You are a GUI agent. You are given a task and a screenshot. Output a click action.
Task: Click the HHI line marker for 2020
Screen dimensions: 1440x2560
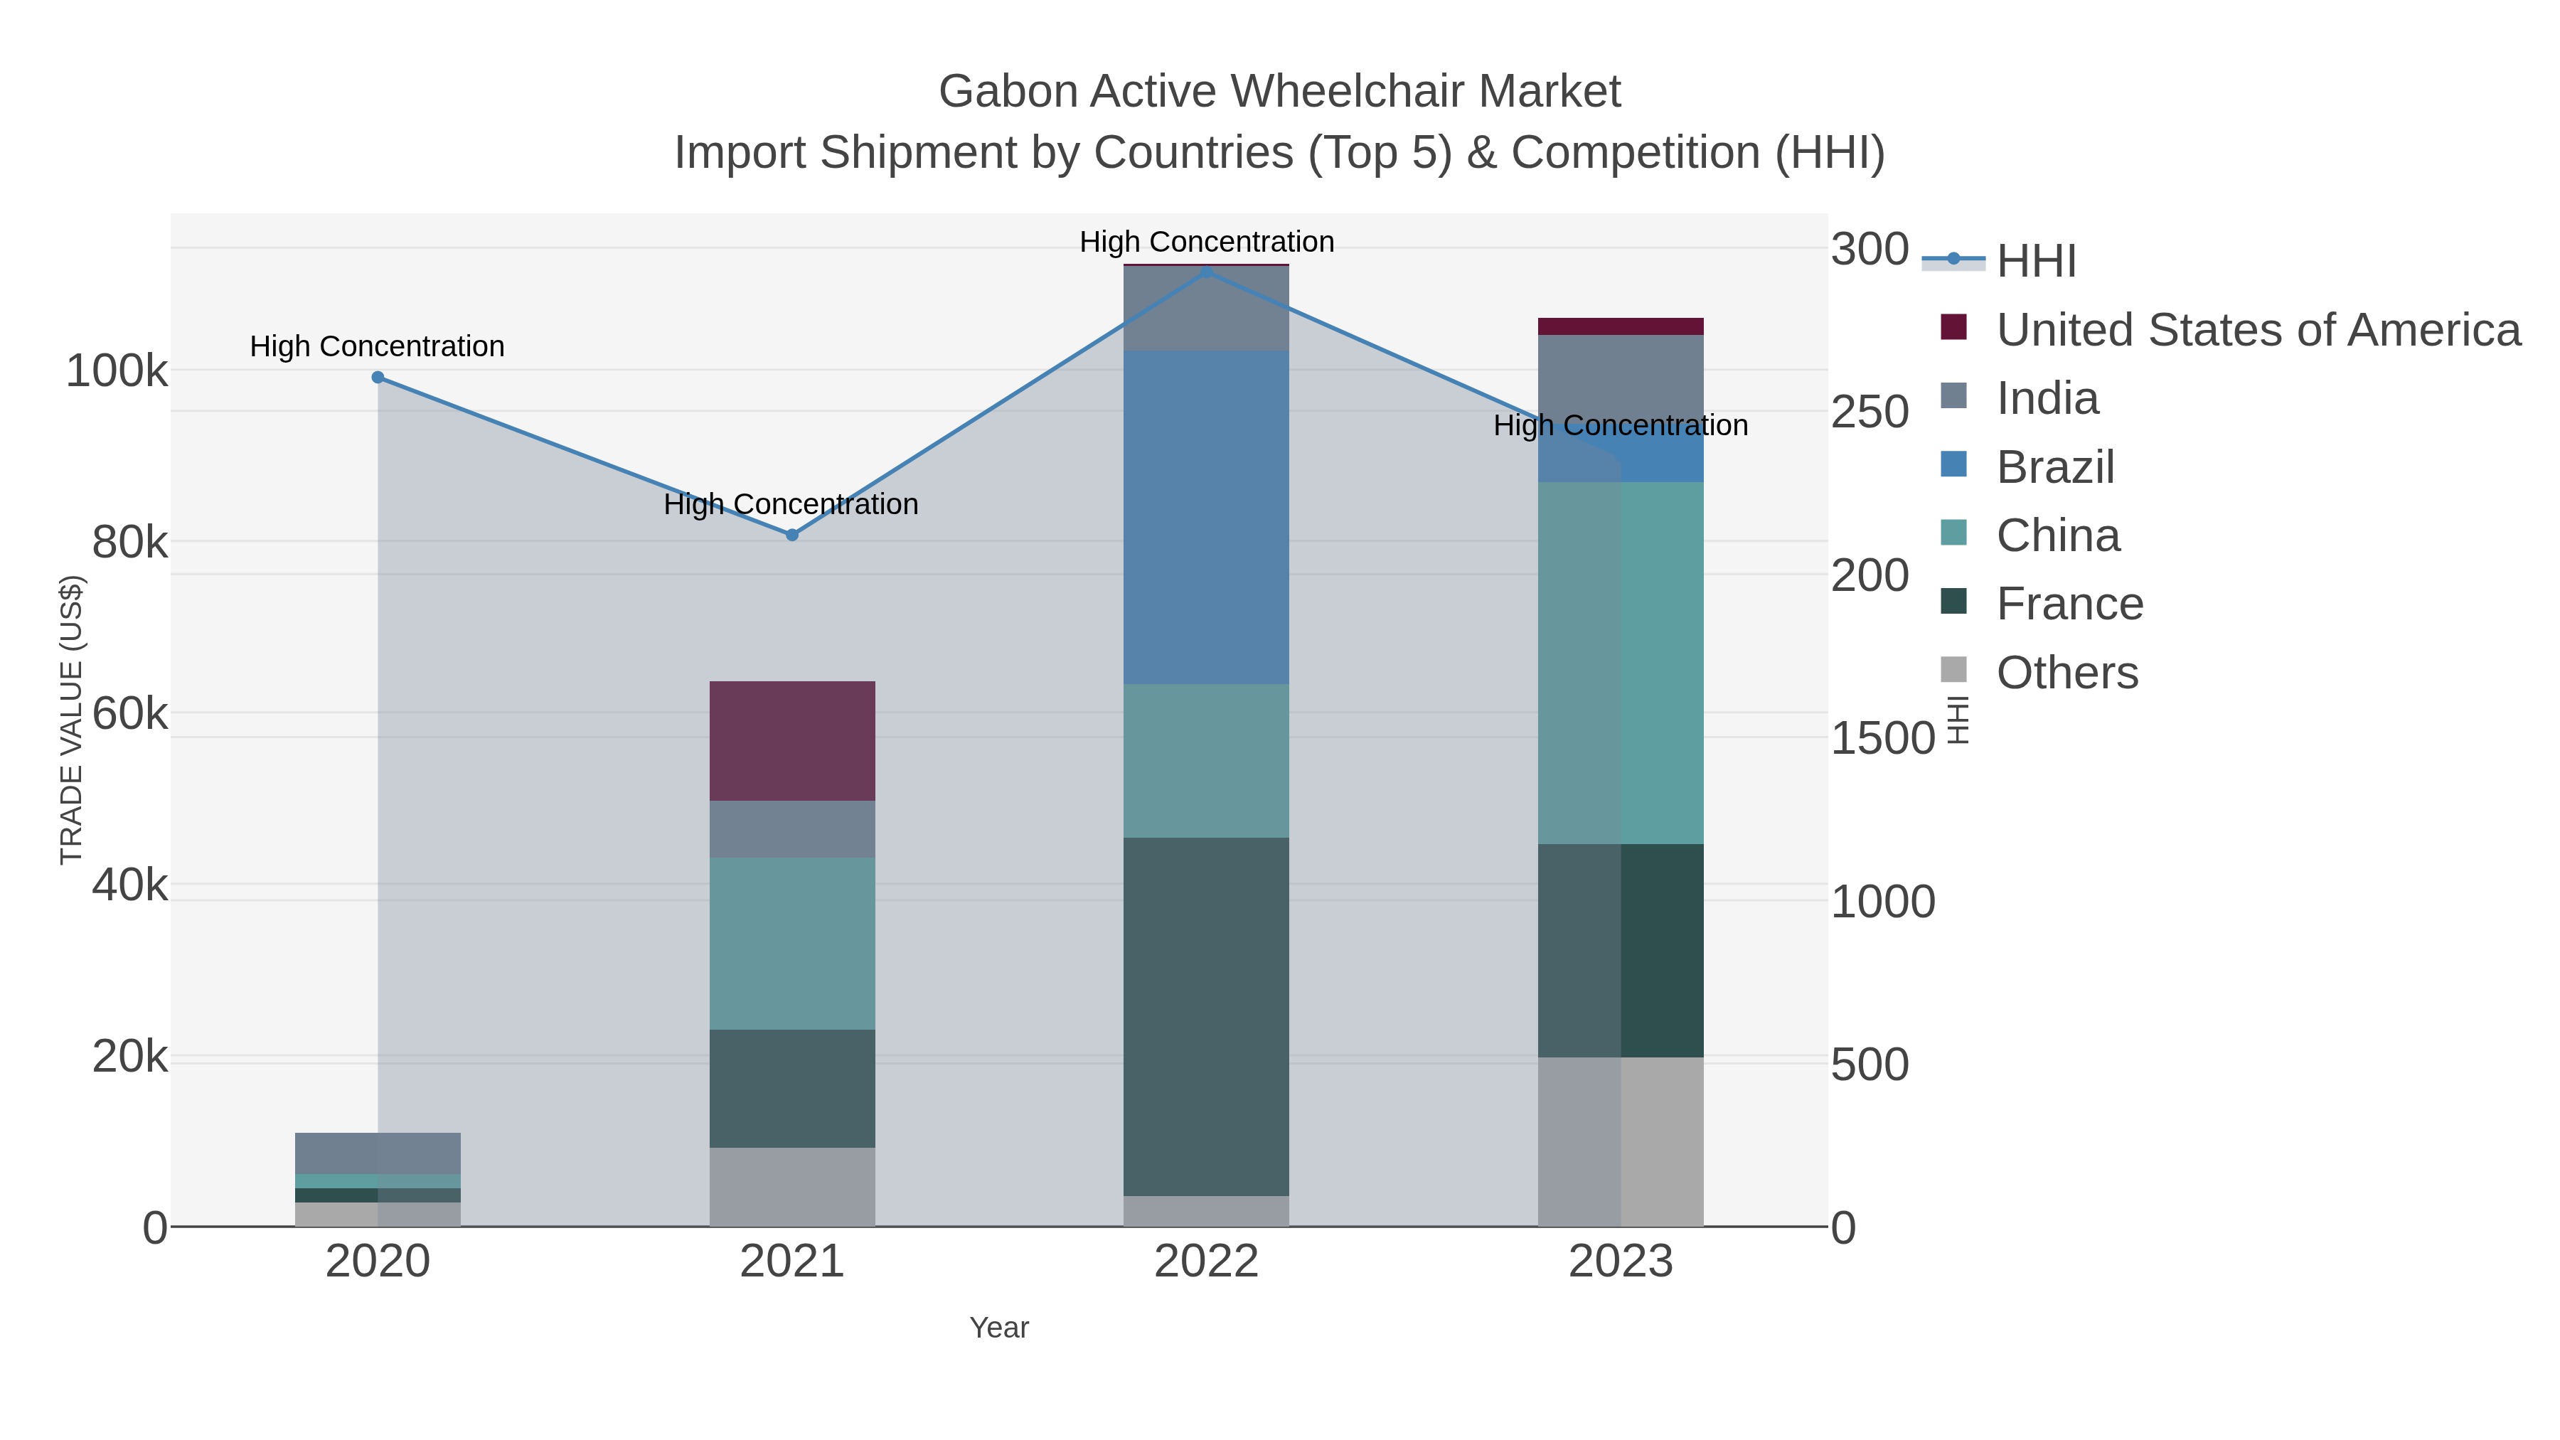[x=378, y=378]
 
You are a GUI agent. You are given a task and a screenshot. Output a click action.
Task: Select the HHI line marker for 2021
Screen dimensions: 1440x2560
[x=792, y=535]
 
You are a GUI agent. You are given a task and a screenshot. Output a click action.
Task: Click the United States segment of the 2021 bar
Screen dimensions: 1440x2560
[x=792, y=740]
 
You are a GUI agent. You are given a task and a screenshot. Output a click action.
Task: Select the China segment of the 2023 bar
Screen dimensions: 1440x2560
[x=1621, y=663]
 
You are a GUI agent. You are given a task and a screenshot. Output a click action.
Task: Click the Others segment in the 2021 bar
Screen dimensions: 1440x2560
[x=792, y=1187]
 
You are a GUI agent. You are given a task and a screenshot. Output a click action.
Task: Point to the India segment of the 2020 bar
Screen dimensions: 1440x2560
[x=378, y=1153]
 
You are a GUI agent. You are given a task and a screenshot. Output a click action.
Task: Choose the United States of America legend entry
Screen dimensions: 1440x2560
[x=2256, y=330]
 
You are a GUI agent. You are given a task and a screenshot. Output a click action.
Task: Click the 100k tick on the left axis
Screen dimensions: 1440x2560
[x=117, y=372]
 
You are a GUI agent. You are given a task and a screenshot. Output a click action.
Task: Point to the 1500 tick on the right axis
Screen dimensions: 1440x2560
[x=1882, y=738]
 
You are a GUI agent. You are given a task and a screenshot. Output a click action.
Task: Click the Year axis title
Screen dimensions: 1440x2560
[x=999, y=1328]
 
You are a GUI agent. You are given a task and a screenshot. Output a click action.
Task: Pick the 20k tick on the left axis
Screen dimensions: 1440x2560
[x=129, y=1057]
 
